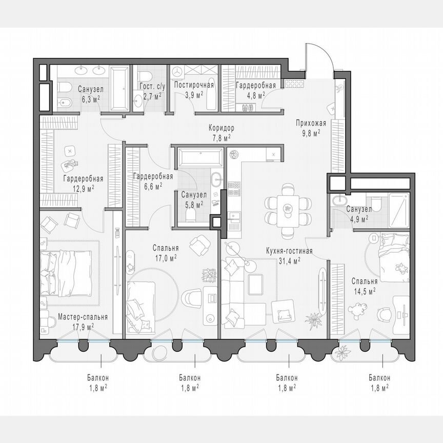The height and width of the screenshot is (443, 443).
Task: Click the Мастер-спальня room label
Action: coord(83,317)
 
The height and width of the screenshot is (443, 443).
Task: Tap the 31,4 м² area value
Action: coord(290,260)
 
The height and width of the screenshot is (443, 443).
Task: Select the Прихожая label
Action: coord(308,123)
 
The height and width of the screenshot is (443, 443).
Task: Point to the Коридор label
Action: coord(221,128)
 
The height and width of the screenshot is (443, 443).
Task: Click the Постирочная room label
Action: coord(193,85)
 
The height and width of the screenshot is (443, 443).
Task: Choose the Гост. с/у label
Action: coord(150,86)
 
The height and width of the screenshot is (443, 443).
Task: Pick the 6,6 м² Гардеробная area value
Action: coord(152,185)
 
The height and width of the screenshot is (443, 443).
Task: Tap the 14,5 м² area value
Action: coord(365,290)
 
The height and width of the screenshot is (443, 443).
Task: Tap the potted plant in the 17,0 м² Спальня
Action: coord(209,274)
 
